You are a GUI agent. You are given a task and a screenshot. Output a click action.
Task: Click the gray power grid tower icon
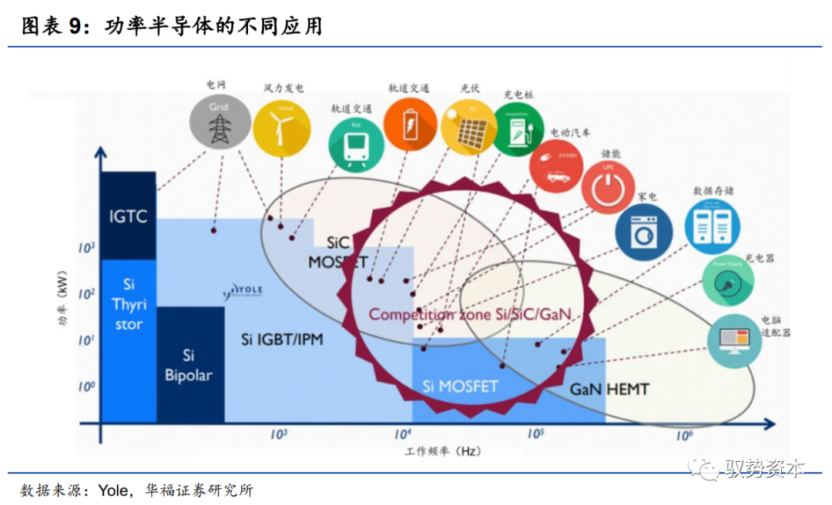(220, 121)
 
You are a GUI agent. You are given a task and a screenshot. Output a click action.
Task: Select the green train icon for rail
(356, 142)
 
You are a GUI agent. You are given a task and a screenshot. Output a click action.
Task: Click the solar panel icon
(468, 128)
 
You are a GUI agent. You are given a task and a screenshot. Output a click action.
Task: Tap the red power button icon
(609, 186)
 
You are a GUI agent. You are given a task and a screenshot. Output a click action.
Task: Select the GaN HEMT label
(610, 389)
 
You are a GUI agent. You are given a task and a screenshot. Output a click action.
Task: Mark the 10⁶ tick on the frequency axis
(682, 436)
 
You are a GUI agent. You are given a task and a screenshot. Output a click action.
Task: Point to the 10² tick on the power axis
(86, 293)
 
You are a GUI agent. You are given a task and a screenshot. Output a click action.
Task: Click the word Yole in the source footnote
(116, 490)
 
